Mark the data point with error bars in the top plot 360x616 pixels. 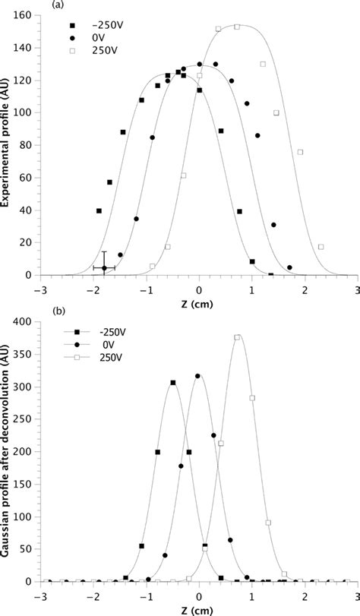104,268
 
